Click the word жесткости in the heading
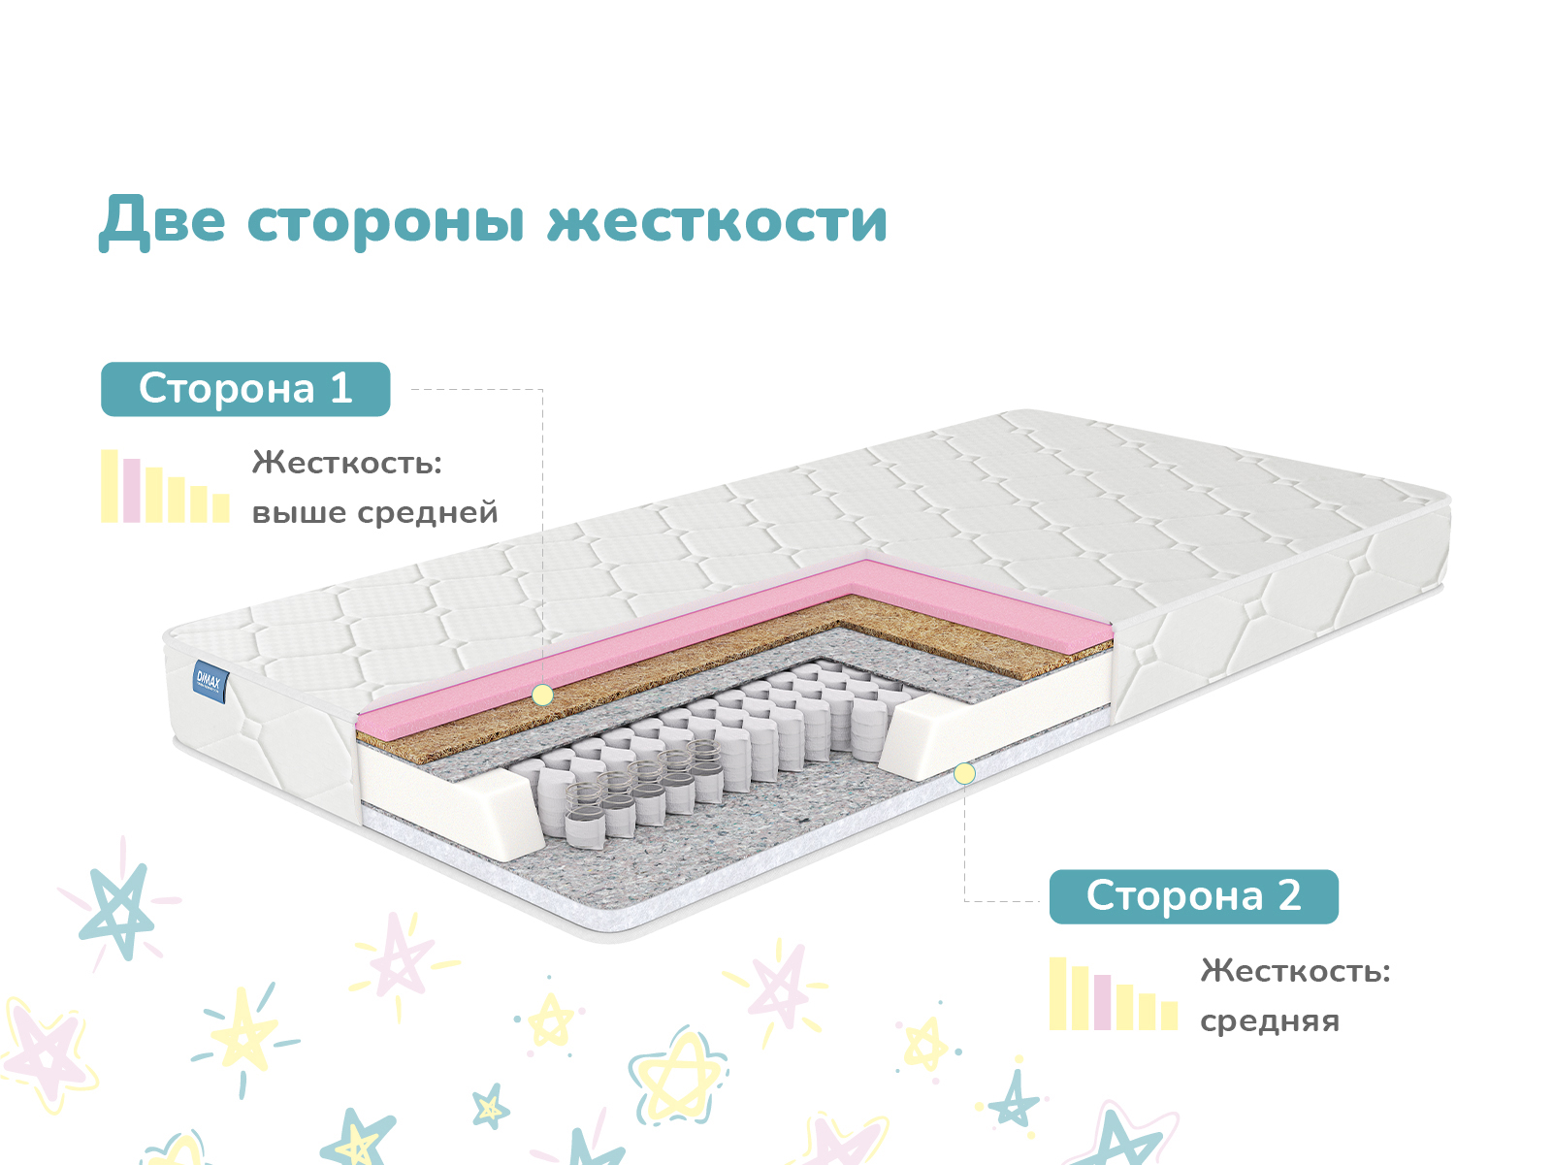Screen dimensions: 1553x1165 [x=718, y=221]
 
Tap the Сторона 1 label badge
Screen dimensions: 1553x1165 [x=245, y=389]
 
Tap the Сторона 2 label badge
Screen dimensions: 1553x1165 [x=1194, y=896]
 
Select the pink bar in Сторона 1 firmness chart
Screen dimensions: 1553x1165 [x=132, y=490]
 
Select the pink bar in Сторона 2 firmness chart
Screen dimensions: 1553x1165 [x=1103, y=1002]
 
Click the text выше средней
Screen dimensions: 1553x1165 [x=374, y=512]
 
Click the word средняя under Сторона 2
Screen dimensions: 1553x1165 [x=1270, y=1021]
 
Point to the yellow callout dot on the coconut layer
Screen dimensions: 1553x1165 [x=543, y=695]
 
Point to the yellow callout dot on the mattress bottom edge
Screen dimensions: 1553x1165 [x=964, y=773]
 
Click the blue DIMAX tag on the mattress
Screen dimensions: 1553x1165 [x=210, y=682]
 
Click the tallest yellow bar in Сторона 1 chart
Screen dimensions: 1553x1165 [x=110, y=486]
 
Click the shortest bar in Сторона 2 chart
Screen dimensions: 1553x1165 [x=1170, y=1016]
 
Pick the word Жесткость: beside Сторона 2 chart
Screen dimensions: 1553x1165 [x=1295, y=970]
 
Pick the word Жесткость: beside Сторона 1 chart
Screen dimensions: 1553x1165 [x=347, y=463]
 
